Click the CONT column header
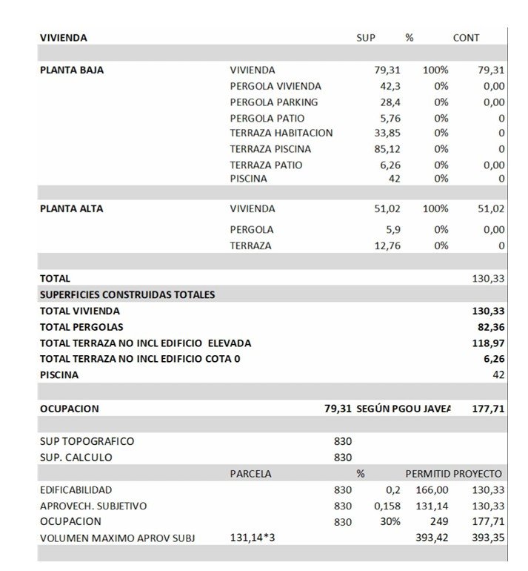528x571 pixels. tap(466, 38)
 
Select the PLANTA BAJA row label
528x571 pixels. tap(72, 70)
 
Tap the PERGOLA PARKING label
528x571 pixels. tap(274, 102)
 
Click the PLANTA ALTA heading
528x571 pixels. tap(71, 209)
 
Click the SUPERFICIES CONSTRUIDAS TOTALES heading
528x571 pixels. tap(127, 295)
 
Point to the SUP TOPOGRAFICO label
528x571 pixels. tap(87, 441)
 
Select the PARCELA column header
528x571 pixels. tap(250, 474)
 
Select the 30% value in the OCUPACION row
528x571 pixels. tap(390, 521)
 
